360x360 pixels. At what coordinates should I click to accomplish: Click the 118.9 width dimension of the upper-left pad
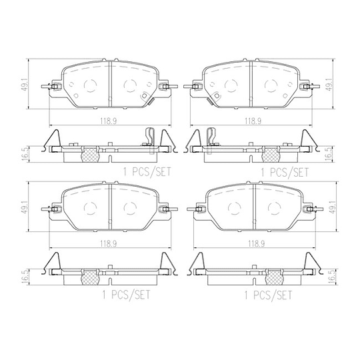108,121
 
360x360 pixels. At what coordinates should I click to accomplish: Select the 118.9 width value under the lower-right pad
256,244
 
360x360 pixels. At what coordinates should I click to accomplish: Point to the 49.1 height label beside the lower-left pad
25,207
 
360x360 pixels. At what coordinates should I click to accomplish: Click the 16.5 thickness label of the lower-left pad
25,277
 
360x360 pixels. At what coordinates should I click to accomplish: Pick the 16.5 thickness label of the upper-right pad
329,154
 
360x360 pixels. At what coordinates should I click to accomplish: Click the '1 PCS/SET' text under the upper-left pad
147,172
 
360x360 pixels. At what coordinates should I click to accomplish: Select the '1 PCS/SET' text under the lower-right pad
268,295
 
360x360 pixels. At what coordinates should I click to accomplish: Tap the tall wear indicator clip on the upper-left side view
151,140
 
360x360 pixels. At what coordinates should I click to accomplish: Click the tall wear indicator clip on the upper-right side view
211,140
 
